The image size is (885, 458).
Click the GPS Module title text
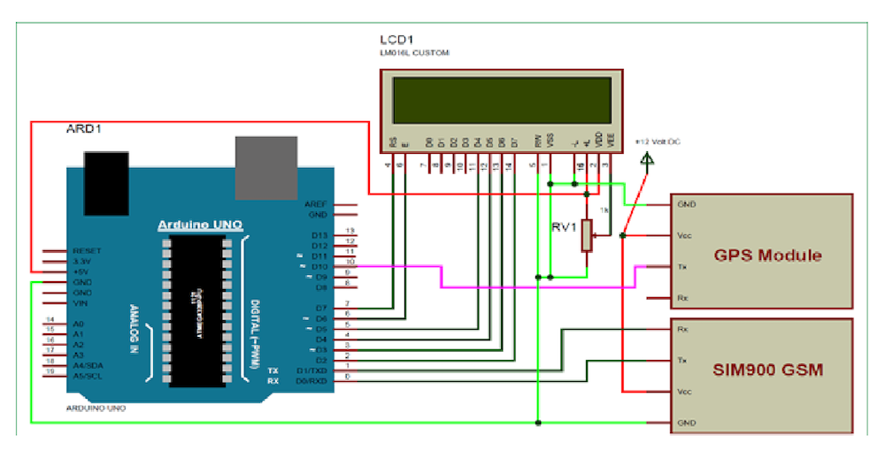click(767, 256)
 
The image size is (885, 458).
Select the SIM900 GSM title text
click(767, 370)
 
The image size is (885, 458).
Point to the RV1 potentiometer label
click(564, 226)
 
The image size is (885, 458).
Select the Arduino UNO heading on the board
click(200, 225)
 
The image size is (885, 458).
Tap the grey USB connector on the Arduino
click(266, 167)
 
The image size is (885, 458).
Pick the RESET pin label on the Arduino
click(88, 251)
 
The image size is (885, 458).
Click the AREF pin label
click(316, 203)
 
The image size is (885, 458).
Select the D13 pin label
click(319, 234)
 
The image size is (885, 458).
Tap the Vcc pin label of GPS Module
click(683, 235)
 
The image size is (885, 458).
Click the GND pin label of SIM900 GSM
click(685, 424)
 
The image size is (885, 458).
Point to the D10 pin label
click(319, 266)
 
